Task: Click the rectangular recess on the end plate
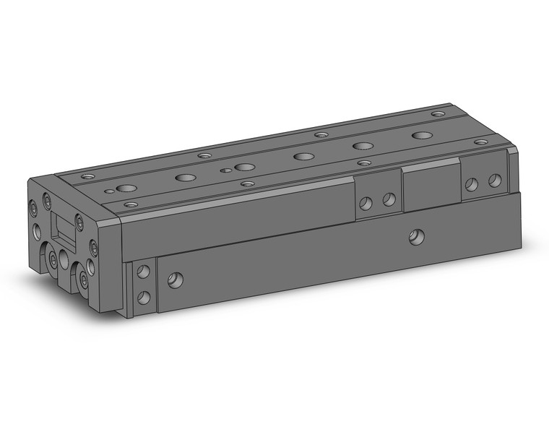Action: pos(65,230)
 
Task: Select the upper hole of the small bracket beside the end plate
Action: pos(144,272)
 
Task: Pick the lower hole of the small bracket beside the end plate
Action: pos(144,296)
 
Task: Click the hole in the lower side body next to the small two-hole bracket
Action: pos(175,280)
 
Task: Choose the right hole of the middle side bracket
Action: pos(389,199)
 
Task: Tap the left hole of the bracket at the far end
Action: pos(471,184)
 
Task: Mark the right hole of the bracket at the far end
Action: pos(494,180)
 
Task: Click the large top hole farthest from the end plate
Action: pos(421,136)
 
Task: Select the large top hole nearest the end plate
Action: pos(127,189)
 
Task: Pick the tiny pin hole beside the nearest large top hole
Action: pos(109,191)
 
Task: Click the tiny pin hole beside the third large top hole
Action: pos(226,171)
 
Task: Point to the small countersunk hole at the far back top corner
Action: pos(438,113)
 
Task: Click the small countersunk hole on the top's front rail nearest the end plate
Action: pos(131,205)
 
